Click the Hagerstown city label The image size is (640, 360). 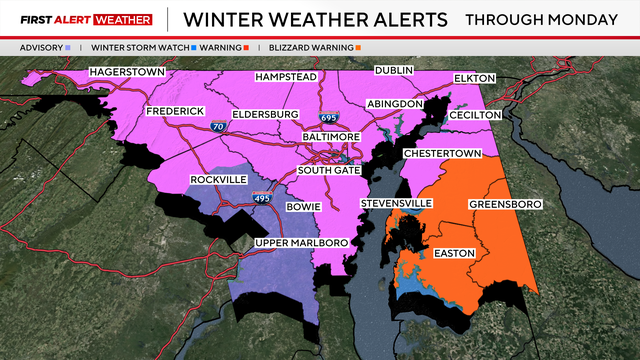(x=127, y=72)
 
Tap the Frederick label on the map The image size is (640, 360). (x=175, y=110)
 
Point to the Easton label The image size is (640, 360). (x=455, y=253)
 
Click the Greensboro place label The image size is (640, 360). (x=505, y=204)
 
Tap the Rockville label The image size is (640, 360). (x=217, y=180)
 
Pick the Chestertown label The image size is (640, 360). (x=443, y=153)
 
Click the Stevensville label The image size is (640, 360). (x=397, y=204)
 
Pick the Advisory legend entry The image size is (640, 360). (x=45, y=46)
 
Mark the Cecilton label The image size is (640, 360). (x=473, y=115)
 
